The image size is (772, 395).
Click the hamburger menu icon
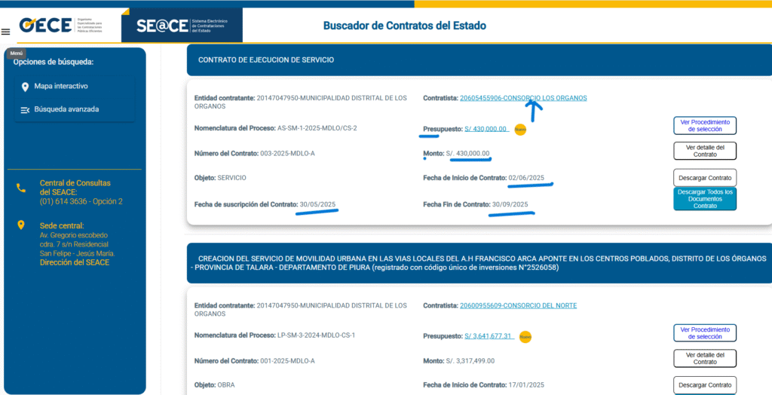point(6,32)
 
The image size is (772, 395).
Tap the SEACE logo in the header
point(181,26)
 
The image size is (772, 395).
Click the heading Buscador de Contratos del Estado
point(405,26)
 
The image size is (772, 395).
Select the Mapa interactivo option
point(60,87)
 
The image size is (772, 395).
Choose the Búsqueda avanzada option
point(66,109)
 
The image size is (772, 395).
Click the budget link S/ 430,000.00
point(486,129)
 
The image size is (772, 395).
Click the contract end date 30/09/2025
point(510,204)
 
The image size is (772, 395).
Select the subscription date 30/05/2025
point(317,204)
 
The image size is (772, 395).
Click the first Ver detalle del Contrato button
point(704,151)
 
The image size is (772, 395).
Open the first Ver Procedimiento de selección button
point(704,125)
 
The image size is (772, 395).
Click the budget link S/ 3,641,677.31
point(489,336)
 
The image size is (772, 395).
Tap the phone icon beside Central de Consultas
point(21,188)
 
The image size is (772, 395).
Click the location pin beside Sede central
point(21,225)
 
